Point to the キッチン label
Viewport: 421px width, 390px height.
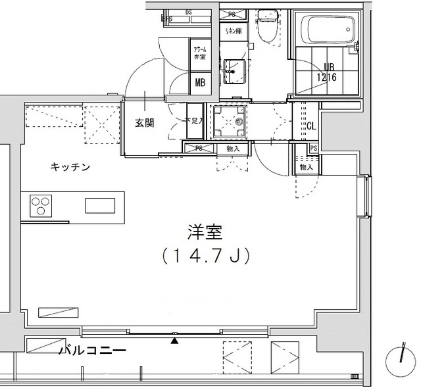(x=70, y=167)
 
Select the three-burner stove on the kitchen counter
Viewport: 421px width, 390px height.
(x=39, y=206)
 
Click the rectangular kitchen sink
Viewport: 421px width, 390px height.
(x=99, y=206)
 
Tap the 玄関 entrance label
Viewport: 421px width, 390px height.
(x=145, y=123)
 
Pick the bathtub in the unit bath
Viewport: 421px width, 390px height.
(x=328, y=29)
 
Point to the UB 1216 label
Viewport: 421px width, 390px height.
(x=332, y=71)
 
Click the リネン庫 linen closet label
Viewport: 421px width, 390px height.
(x=232, y=31)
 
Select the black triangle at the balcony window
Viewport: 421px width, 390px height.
(x=174, y=341)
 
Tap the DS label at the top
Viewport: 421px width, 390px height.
(x=188, y=12)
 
